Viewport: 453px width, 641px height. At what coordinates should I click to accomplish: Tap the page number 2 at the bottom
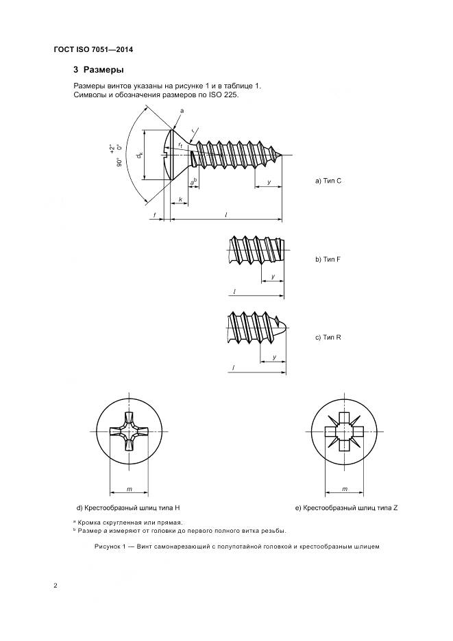[x=56, y=586]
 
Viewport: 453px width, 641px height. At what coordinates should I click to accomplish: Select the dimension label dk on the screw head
[x=140, y=156]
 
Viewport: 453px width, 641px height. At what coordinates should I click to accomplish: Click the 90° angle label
[x=118, y=162]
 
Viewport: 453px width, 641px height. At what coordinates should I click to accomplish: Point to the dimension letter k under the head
[x=180, y=200]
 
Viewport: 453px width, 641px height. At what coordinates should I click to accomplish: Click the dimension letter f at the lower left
[x=156, y=215]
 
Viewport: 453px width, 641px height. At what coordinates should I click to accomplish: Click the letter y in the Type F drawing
[x=273, y=276]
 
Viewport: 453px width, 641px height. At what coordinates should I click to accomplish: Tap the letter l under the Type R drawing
[x=234, y=368]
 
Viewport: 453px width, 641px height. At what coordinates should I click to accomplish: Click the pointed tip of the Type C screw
[x=283, y=154]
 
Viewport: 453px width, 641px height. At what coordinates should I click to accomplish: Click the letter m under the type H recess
[x=130, y=489]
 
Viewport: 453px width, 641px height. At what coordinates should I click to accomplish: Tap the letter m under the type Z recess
[x=344, y=489]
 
